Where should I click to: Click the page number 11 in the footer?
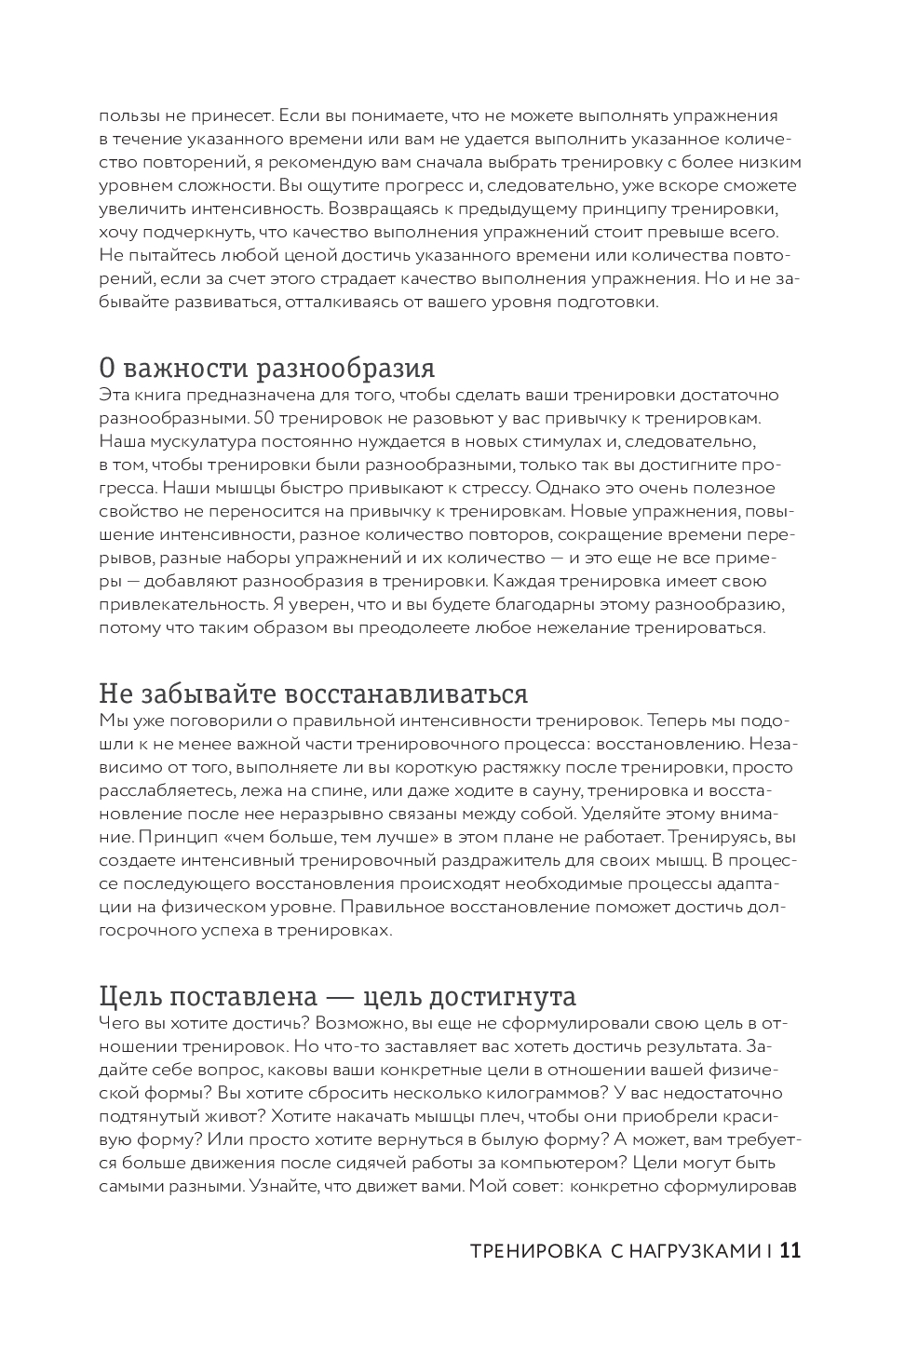(790, 1251)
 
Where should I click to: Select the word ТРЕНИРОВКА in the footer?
(535, 1252)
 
